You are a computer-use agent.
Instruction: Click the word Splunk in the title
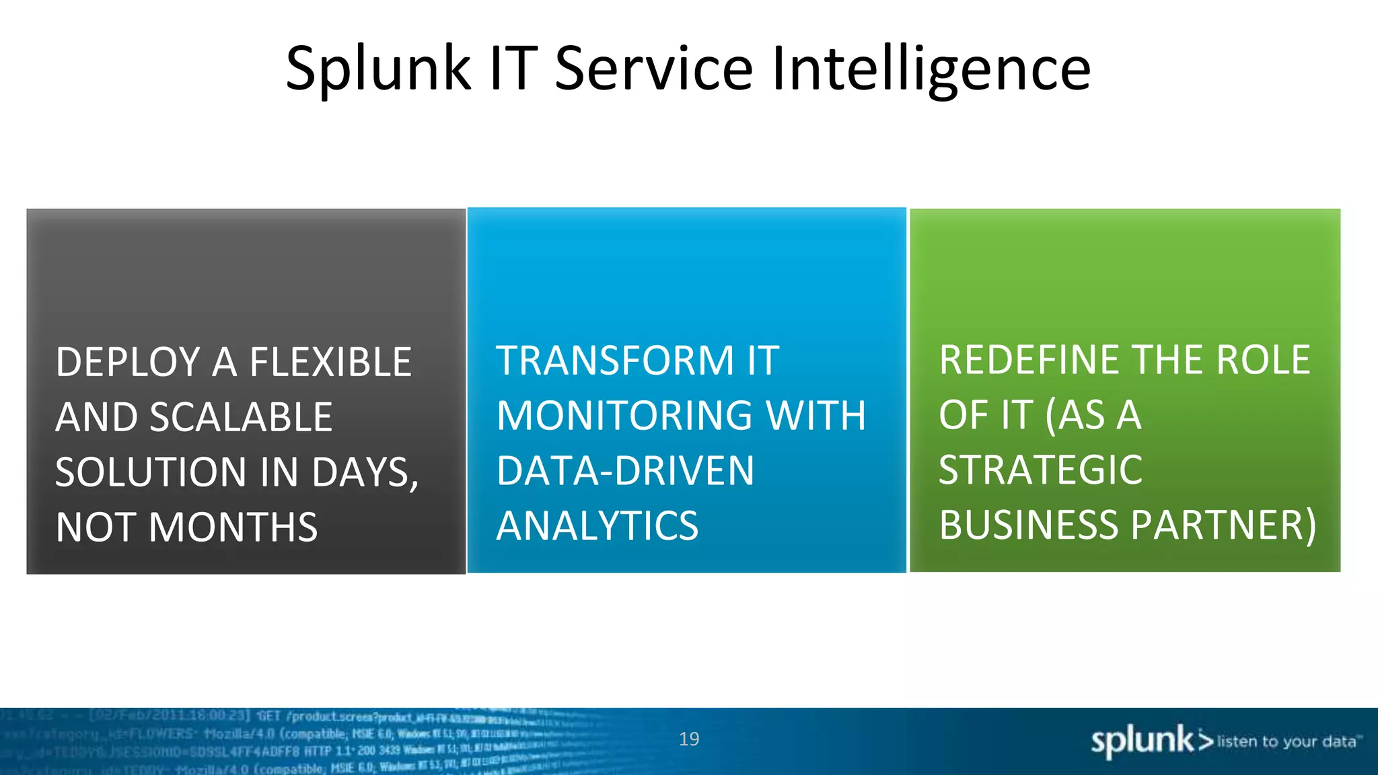click(x=378, y=69)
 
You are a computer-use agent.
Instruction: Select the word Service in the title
click(x=653, y=69)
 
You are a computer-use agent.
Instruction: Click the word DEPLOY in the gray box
click(x=129, y=363)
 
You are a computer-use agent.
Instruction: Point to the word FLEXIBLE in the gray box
click(x=330, y=363)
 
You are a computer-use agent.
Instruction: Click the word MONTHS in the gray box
click(x=233, y=527)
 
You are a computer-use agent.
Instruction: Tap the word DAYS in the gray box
click(x=364, y=472)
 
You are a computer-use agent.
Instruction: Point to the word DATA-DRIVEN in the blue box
click(x=625, y=471)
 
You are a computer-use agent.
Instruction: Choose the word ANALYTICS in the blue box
click(x=597, y=526)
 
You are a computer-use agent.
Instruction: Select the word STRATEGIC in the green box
click(x=1040, y=470)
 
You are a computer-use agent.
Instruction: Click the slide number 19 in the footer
click(x=689, y=739)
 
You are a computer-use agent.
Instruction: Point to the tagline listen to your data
click(x=1286, y=741)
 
